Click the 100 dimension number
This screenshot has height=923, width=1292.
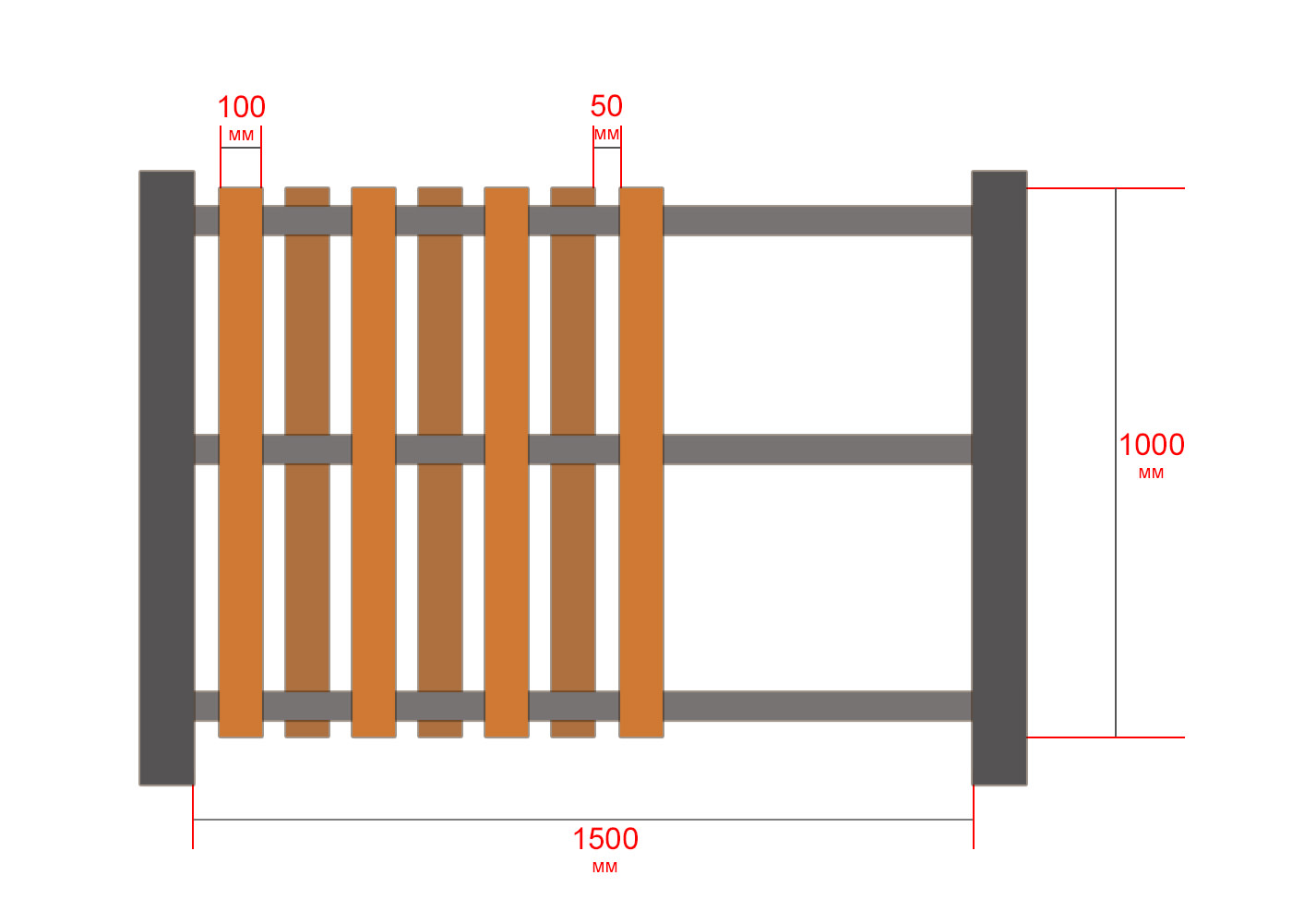pyautogui.click(x=241, y=107)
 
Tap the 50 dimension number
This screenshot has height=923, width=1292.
pyautogui.click(x=606, y=106)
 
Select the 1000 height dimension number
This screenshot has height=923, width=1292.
pyautogui.click(x=1152, y=445)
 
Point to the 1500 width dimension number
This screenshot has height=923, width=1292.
pyautogui.click(x=605, y=839)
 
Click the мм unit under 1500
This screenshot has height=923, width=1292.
pyautogui.click(x=605, y=868)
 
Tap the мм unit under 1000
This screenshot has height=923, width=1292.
pyautogui.click(x=1152, y=473)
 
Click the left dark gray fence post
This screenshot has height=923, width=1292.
pyautogui.click(x=167, y=478)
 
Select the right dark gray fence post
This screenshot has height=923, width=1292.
pyautogui.click(x=999, y=478)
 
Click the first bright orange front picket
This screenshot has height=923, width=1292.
pyautogui.click(x=241, y=462)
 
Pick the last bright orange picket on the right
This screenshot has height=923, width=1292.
pyautogui.click(x=641, y=462)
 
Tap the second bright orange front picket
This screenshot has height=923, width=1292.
pyautogui.click(x=374, y=462)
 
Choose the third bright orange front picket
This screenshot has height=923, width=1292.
pyautogui.click(x=507, y=462)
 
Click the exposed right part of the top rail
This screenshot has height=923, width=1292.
pyautogui.click(x=818, y=221)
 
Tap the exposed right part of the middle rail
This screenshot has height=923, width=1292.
pyautogui.click(x=818, y=450)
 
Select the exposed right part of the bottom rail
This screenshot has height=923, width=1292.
pyautogui.click(x=818, y=706)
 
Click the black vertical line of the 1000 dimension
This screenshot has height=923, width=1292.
pyautogui.click(x=1116, y=462)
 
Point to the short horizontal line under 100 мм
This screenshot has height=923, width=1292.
pyautogui.click(x=241, y=148)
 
